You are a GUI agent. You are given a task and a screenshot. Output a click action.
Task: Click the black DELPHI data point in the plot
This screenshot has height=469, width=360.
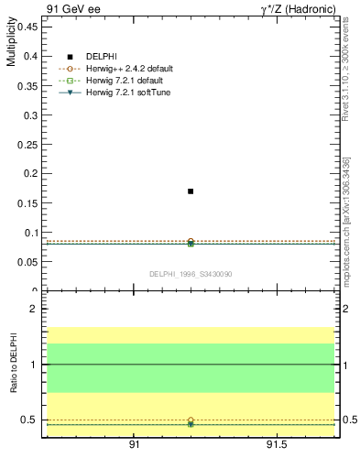191,191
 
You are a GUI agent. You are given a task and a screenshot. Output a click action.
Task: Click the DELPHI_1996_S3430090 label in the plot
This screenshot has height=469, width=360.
190,274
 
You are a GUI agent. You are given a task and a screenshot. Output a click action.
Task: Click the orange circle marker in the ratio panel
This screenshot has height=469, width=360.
191,420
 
